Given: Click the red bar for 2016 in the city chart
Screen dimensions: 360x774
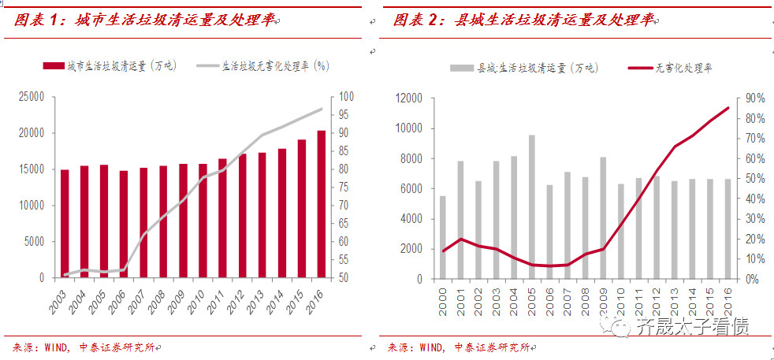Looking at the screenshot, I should tap(321, 204).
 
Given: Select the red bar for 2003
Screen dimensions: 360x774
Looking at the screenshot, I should tap(65, 224).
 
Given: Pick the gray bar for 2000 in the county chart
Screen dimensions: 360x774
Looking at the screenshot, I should tap(443, 237).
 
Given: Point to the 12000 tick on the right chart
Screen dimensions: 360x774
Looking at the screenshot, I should tap(407, 98).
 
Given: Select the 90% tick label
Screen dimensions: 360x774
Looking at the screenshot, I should tap(754, 98).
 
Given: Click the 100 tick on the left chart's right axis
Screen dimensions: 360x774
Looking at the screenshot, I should tap(348, 98).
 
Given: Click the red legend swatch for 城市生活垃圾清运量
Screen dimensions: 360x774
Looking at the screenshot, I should tap(53, 66).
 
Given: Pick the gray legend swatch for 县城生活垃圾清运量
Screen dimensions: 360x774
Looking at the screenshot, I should tap(462, 69).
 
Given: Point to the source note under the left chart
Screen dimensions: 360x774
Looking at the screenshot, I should tap(87, 347).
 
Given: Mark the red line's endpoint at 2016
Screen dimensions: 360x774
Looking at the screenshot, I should tap(727, 108).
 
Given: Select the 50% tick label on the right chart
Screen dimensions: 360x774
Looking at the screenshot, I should tap(754, 179).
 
